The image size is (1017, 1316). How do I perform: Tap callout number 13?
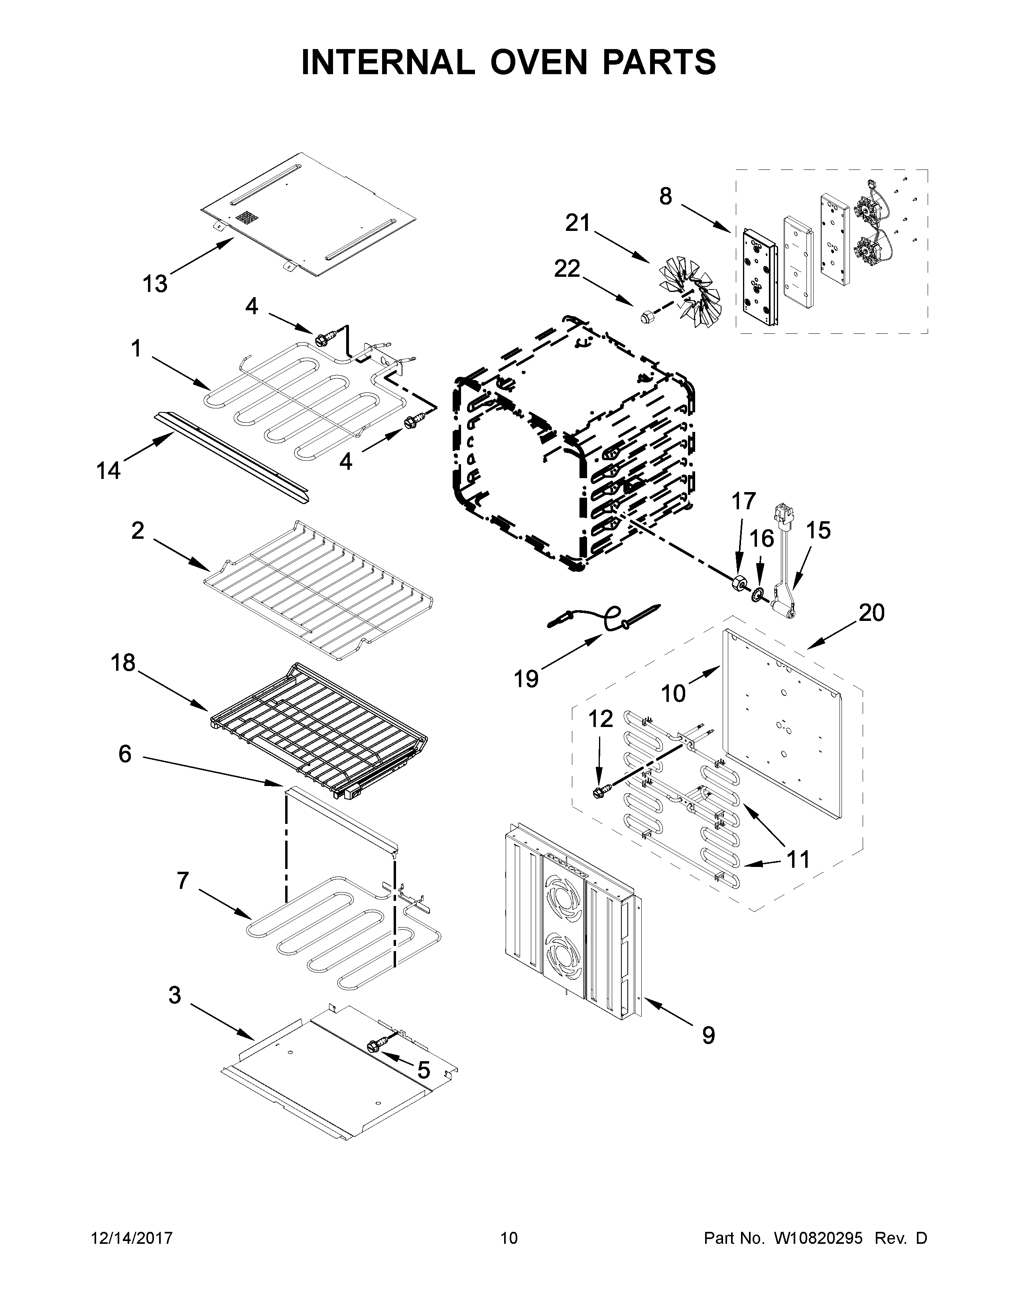[154, 283]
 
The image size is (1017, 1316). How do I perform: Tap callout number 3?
[174, 995]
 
